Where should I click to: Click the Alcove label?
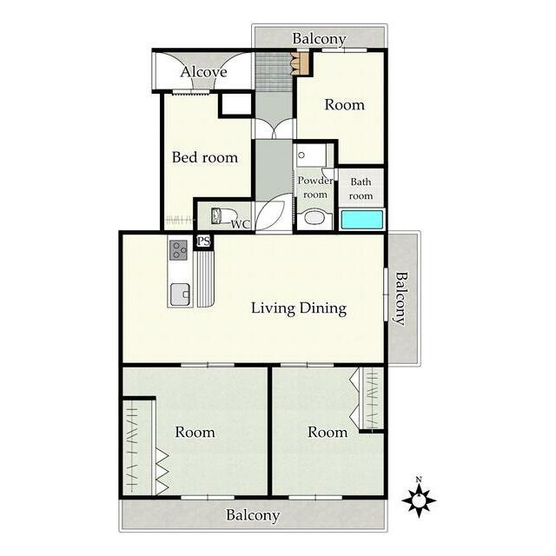(x=203, y=72)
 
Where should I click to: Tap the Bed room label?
(x=205, y=157)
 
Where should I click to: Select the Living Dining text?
(x=299, y=308)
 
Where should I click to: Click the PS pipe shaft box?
(x=203, y=242)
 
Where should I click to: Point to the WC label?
(x=240, y=224)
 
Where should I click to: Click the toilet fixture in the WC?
(x=224, y=216)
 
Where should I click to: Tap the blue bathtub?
(x=361, y=220)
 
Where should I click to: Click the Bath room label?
(x=361, y=189)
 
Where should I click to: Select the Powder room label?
(x=315, y=188)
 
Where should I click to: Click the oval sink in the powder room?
(x=314, y=217)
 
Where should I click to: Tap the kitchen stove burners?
(x=178, y=250)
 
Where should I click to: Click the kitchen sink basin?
(x=180, y=295)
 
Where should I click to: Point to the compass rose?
(x=419, y=500)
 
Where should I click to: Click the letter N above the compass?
(x=419, y=480)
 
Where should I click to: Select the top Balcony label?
(x=319, y=39)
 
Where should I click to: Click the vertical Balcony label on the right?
(x=401, y=298)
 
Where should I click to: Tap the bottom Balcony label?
(x=253, y=515)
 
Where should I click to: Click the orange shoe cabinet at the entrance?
(x=303, y=63)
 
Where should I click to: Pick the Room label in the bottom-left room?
(x=195, y=433)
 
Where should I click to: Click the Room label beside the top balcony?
(x=344, y=105)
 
